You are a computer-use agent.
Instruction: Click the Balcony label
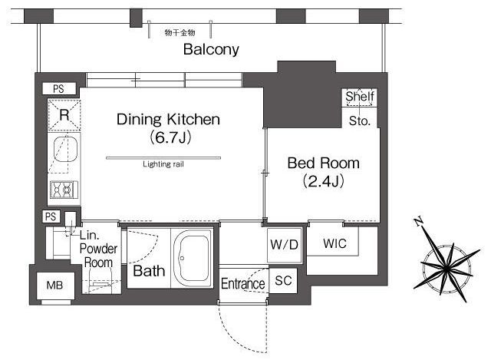point(211,49)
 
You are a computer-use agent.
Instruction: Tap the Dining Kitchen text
point(168,120)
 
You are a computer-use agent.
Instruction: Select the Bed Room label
point(323,163)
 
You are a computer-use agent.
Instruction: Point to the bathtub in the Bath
point(192,258)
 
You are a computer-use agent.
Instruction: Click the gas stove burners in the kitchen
point(64,190)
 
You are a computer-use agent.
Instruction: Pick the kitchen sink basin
point(65,149)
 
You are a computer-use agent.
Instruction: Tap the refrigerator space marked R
point(64,115)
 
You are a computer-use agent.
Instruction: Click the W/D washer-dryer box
point(285,246)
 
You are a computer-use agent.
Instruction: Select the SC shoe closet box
point(283,281)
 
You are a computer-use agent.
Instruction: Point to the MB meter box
point(55,286)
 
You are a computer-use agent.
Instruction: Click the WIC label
point(334,243)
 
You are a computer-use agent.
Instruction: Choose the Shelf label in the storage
point(360,96)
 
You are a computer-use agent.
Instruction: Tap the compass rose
point(447,266)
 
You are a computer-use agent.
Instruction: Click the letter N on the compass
point(418,222)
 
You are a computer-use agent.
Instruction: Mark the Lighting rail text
point(163,164)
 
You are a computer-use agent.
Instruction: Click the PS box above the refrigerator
point(59,89)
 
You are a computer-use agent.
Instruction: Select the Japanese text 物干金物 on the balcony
point(180,32)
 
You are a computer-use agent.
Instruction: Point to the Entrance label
point(243,284)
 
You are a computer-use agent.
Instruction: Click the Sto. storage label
point(360,121)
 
